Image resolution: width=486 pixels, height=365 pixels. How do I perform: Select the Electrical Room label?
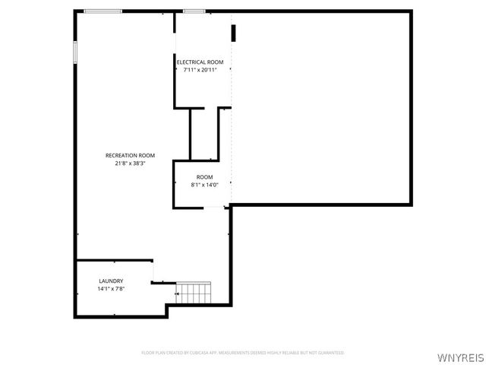click(x=200, y=62)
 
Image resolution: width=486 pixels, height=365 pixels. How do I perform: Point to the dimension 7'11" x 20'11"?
click(x=200, y=70)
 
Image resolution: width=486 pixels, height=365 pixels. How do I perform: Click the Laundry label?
click(x=111, y=281)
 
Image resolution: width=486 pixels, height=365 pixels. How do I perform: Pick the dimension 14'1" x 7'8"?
click(x=111, y=289)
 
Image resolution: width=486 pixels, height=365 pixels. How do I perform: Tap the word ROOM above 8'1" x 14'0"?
click(x=204, y=176)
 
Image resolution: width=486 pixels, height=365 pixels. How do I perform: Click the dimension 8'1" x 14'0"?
click(x=204, y=185)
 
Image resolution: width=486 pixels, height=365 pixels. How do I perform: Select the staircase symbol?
click(x=194, y=293)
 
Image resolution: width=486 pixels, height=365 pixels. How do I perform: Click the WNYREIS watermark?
click(x=460, y=356)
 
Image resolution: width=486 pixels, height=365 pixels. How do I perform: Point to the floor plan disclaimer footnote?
click(x=242, y=353)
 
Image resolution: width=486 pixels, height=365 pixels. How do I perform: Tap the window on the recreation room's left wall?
click(x=74, y=50)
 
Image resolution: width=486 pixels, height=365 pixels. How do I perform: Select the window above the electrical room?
click(x=194, y=11)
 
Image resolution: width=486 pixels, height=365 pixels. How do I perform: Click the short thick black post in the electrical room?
click(x=234, y=33)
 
